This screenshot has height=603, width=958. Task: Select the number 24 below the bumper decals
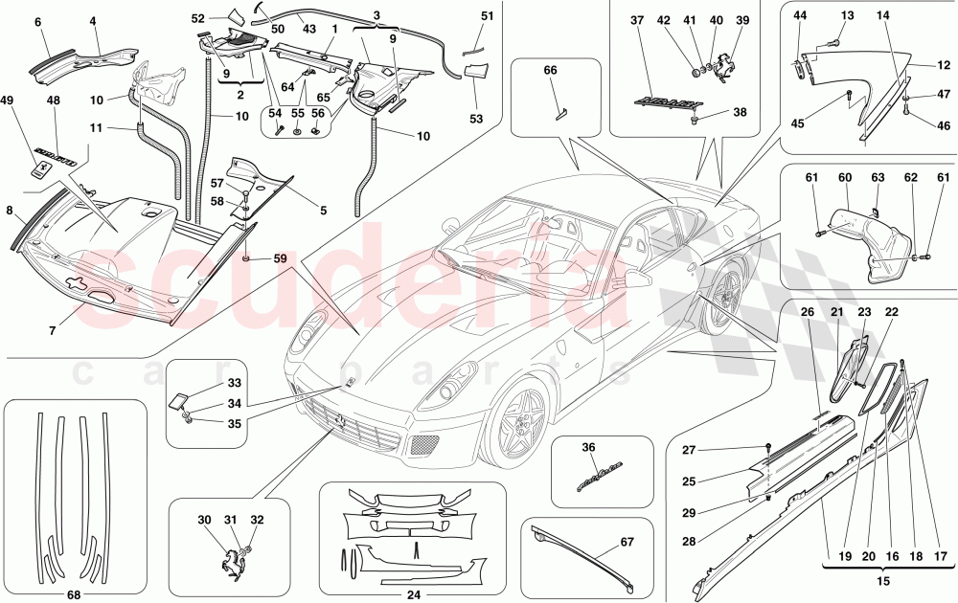tap(413, 593)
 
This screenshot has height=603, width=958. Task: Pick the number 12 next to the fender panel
tap(944, 65)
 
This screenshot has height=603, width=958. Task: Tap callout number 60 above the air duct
tap(845, 178)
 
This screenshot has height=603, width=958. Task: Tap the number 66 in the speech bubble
tap(550, 71)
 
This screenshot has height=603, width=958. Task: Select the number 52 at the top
tap(198, 18)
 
